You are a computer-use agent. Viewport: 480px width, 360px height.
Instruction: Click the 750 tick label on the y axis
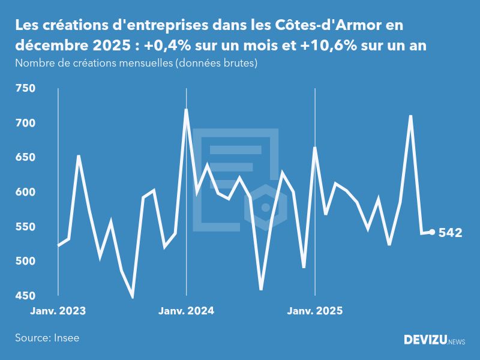pyautogui.click(x=25, y=89)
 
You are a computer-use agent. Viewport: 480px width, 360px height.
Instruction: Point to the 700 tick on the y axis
pyautogui.click(x=25, y=124)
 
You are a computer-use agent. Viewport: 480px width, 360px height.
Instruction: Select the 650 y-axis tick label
pyautogui.click(x=25, y=158)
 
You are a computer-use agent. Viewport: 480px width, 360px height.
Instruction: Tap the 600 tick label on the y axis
pyautogui.click(x=25, y=193)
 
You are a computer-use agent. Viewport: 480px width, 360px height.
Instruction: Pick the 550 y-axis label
pyautogui.click(x=25, y=227)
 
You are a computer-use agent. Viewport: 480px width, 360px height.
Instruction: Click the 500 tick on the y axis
pyautogui.click(x=25, y=262)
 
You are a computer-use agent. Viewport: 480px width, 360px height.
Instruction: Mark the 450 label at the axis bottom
pyautogui.click(x=25, y=296)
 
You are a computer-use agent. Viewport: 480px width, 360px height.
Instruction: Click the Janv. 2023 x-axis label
pyautogui.click(x=58, y=311)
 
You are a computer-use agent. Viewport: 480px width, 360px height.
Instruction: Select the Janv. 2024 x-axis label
pyautogui.click(x=186, y=311)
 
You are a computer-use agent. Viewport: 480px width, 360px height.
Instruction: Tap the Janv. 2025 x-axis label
pyautogui.click(x=315, y=311)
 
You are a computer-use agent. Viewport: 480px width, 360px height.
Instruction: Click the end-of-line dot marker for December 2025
pyautogui.click(x=432, y=232)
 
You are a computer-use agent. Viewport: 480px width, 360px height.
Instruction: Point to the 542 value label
pyautogui.click(x=450, y=233)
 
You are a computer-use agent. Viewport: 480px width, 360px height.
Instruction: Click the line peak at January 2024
pyautogui.click(x=186, y=110)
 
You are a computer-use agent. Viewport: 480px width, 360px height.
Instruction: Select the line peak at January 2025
pyautogui.click(x=315, y=148)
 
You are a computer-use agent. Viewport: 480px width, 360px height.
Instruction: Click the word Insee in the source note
pyautogui.click(x=67, y=338)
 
